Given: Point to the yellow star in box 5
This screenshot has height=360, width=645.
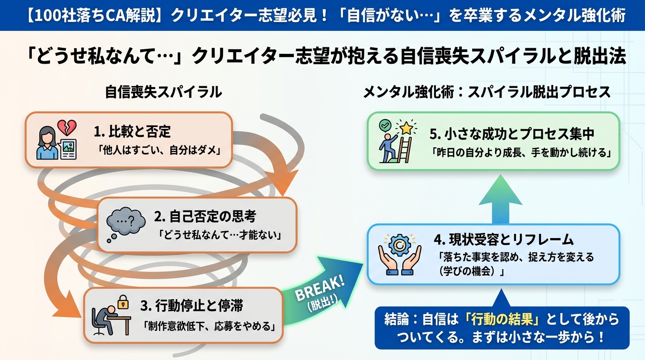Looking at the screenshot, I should pyautogui.click(x=406, y=127).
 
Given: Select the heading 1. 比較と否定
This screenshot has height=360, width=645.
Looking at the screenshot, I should pyautogui.click(x=132, y=131).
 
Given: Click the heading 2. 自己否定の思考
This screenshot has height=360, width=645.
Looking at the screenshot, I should pyautogui.click(x=205, y=217).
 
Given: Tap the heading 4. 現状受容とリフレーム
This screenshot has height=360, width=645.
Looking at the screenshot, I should pyautogui.click(x=503, y=240).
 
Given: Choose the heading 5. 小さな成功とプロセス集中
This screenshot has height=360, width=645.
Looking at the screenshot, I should pyautogui.click(x=512, y=134).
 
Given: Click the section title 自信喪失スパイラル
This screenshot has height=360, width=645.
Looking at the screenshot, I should pyautogui.click(x=163, y=92).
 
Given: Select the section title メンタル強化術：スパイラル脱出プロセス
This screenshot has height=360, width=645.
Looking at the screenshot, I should pyautogui.click(x=487, y=92).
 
